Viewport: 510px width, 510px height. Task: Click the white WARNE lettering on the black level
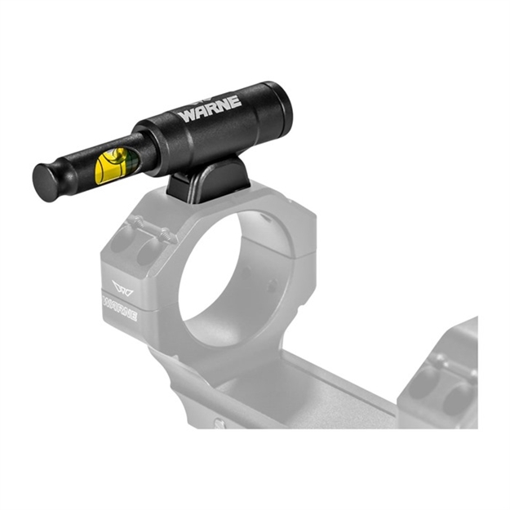[210, 109]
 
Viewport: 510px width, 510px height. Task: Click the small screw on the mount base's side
[219, 424]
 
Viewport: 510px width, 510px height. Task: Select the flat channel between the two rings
[326, 384]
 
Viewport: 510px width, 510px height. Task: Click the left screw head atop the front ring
[135, 222]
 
